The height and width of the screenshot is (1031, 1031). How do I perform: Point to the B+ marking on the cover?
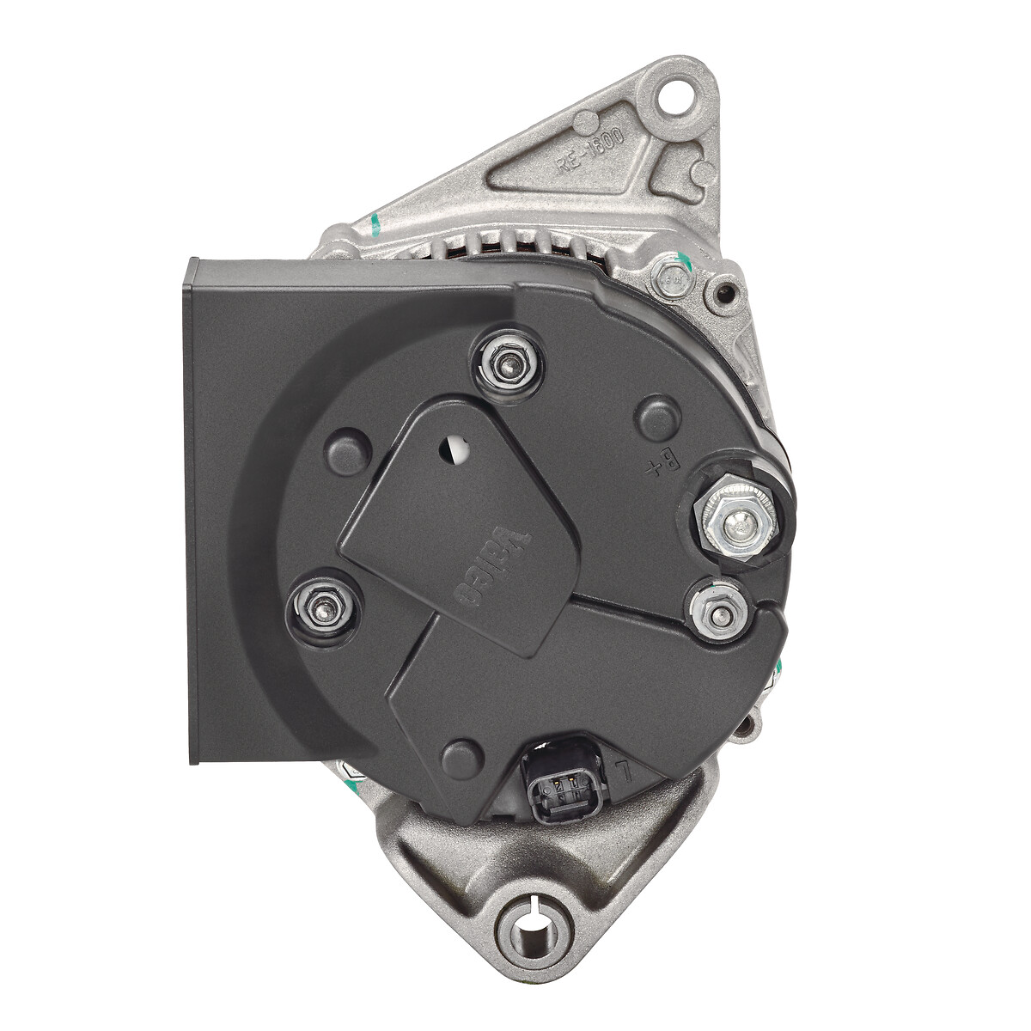664,465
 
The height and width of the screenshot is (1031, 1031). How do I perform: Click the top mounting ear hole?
675,95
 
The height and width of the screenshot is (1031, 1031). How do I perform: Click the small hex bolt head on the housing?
672,278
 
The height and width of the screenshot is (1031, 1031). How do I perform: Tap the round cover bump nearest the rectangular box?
349,450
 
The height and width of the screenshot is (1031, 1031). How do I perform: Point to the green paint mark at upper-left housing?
375,225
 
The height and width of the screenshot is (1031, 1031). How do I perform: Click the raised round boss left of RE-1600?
585,122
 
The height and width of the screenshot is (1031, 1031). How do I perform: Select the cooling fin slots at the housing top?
515,247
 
